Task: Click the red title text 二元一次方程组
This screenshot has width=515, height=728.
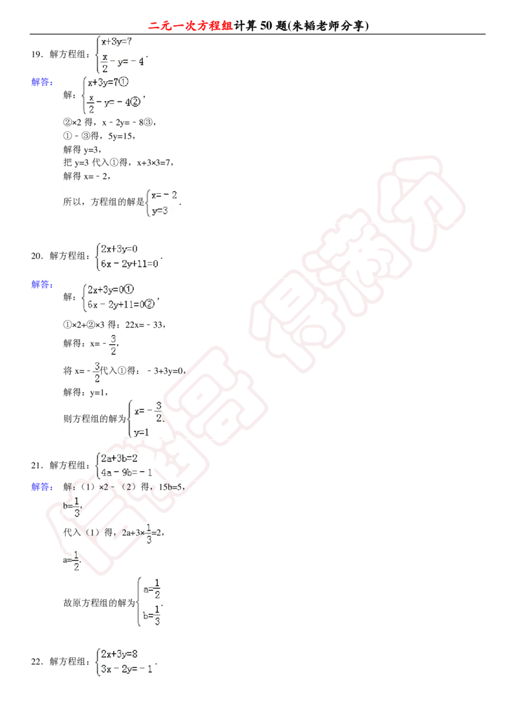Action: (x=191, y=26)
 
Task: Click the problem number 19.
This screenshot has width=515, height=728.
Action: (x=37, y=54)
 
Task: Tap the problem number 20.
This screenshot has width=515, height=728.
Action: (x=37, y=256)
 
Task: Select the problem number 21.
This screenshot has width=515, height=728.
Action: (x=37, y=465)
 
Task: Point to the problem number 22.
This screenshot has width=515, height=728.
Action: (x=37, y=662)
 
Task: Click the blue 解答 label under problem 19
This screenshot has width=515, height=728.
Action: (x=42, y=82)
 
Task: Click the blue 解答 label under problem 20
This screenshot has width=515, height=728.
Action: (x=42, y=284)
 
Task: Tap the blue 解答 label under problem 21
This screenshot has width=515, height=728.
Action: (x=42, y=487)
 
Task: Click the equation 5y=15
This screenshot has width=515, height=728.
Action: (x=121, y=136)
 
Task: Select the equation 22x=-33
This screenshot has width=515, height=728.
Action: (x=145, y=324)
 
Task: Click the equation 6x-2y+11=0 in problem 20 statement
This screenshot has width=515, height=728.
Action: (x=129, y=264)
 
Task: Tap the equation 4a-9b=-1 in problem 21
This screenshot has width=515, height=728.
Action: (x=127, y=472)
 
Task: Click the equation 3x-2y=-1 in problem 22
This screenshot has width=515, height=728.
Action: (x=127, y=669)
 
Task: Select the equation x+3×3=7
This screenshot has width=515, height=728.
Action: (x=154, y=163)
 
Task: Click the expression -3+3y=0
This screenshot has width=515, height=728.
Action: (x=166, y=371)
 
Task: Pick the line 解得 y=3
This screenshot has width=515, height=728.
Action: (x=82, y=149)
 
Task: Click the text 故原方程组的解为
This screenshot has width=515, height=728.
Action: (x=99, y=602)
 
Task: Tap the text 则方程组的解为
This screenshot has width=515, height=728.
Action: (x=95, y=419)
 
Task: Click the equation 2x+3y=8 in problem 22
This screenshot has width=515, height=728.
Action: (x=119, y=654)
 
